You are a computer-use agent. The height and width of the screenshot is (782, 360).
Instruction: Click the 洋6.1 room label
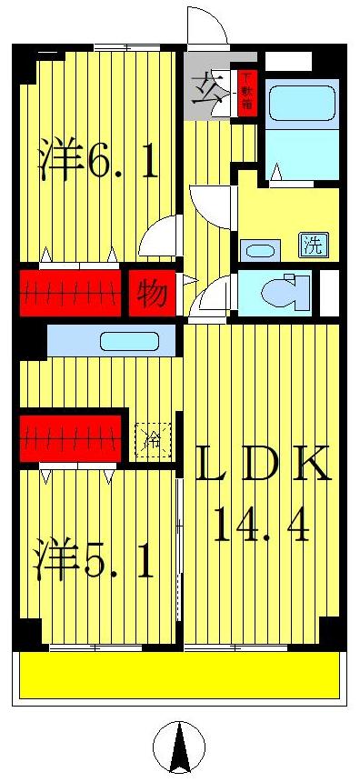click(x=98, y=160)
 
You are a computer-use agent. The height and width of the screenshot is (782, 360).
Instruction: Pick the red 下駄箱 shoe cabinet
click(x=245, y=95)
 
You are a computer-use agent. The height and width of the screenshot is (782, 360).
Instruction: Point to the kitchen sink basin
click(x=129, y=342)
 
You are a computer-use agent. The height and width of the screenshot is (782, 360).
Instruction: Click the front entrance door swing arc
click(x=207, y=25)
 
